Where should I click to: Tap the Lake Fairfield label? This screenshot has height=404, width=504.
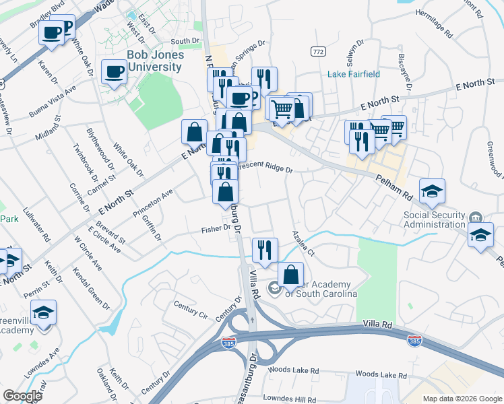(x=354, y=74)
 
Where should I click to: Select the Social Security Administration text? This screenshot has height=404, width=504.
(x=435, y=220)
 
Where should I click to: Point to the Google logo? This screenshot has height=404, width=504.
(x=22, y=396)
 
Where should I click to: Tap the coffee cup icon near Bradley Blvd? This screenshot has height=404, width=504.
(x=52, y=32)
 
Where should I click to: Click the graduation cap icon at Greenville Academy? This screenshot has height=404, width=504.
(x=44, y=313)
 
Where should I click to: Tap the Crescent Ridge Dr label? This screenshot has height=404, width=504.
(x=264, y=169)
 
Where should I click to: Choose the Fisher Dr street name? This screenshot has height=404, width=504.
(x=217, y=230)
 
